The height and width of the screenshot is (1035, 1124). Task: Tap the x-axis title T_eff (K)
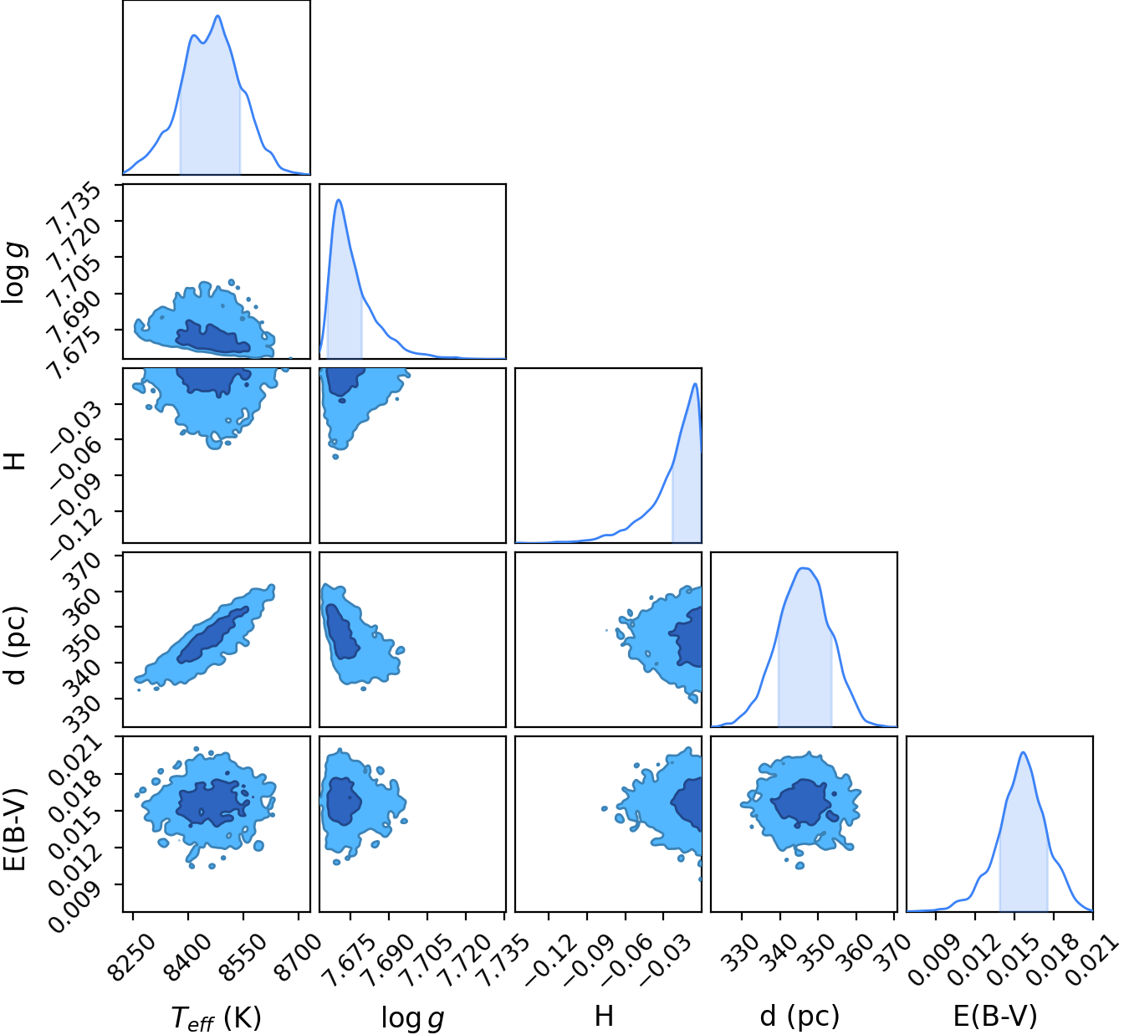[x=216, y=1017]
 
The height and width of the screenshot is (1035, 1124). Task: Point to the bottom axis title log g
[x=412, y=1017]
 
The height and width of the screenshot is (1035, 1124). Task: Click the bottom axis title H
[x=604, y=1016]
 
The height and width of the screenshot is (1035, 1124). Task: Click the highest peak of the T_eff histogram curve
[x=217, y=16]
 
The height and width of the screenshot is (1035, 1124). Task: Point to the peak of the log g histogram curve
[x=339, y=200]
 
